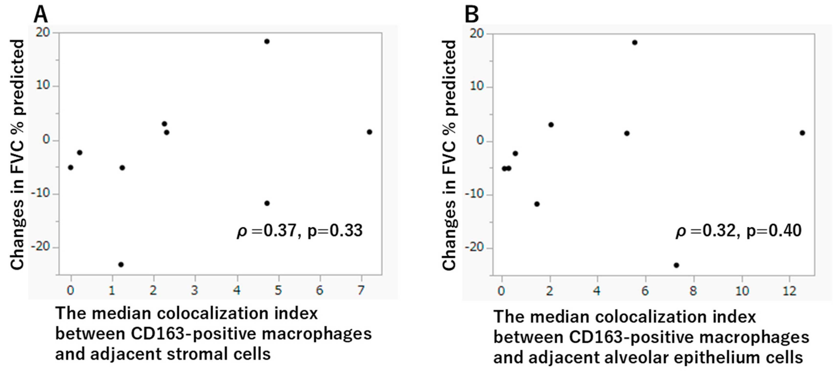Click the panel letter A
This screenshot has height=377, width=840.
pyautogui.click(x=41, y=14)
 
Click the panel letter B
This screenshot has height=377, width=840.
pyautogui.click(x=472, y=15)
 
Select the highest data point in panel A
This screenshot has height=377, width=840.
pyautogui.click(x=267, y=41)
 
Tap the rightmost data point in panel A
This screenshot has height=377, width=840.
pyautogui.click(x=369, y=132)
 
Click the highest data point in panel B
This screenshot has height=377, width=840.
pyautogui.click(x=634, y=42)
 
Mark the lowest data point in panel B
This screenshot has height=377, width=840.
pyautogui.click(x=676, y=265)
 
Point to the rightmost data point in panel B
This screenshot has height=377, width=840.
pyautogui.click(x=803, y=133)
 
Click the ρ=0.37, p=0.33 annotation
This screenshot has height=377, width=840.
pyautogui.click(x=300, y=231)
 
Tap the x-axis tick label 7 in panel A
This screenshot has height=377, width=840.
pyautogui.click(x=361, y=290)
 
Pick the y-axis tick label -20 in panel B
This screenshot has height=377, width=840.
pyautogui.click(x=475, y=248)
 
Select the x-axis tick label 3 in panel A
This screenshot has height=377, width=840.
pyautogui.click(x=195, y=290)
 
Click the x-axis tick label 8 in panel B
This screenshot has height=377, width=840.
pyautogui.click(x=693, y=290)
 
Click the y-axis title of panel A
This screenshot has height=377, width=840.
pyautogui.click(x=17, y=155)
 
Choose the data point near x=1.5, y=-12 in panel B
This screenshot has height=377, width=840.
pyautogui.click(x=537, y=204)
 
